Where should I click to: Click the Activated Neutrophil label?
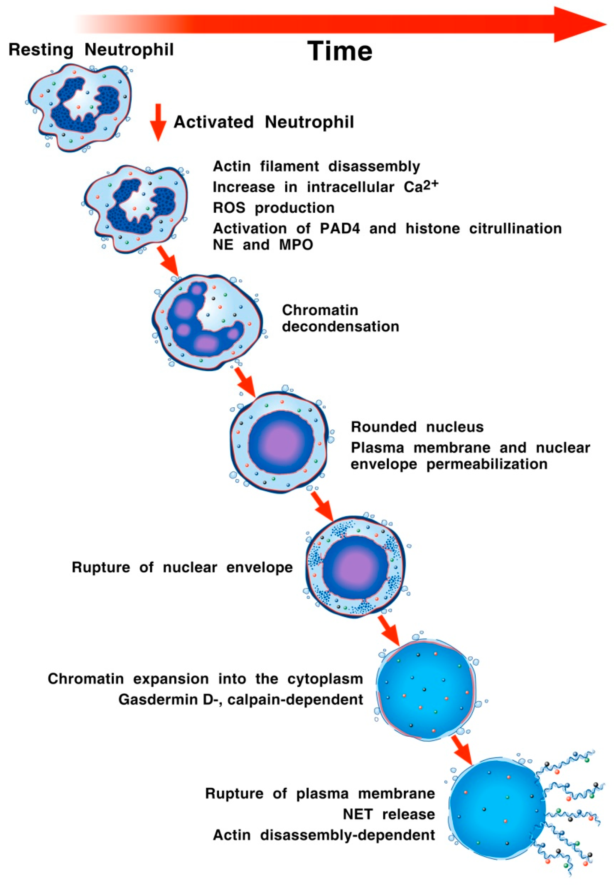[264, 122]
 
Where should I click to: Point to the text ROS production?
[274, 208]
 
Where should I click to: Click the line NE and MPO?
[263, 245]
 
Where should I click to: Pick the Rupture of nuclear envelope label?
[182, 568]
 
